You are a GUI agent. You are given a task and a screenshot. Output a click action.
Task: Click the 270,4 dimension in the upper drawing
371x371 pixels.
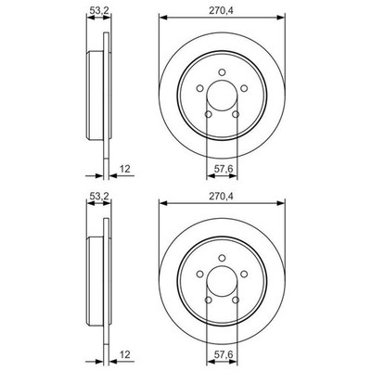click(221, 10)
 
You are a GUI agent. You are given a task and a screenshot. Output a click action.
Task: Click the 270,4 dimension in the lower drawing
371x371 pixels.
click(221, 196)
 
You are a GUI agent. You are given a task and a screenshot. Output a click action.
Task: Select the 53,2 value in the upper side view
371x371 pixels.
click(98, 10)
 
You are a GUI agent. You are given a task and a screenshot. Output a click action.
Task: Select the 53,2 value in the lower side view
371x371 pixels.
click(98, 196)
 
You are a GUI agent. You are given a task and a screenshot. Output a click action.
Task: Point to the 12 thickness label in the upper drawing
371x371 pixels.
click(125, 169)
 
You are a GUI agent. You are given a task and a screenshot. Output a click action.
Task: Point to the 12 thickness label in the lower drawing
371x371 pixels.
click(125, 354)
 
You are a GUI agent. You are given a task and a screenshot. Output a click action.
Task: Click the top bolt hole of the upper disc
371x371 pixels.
click(222, 72)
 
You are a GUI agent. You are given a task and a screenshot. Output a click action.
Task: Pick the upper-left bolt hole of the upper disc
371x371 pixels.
click(200, 88)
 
